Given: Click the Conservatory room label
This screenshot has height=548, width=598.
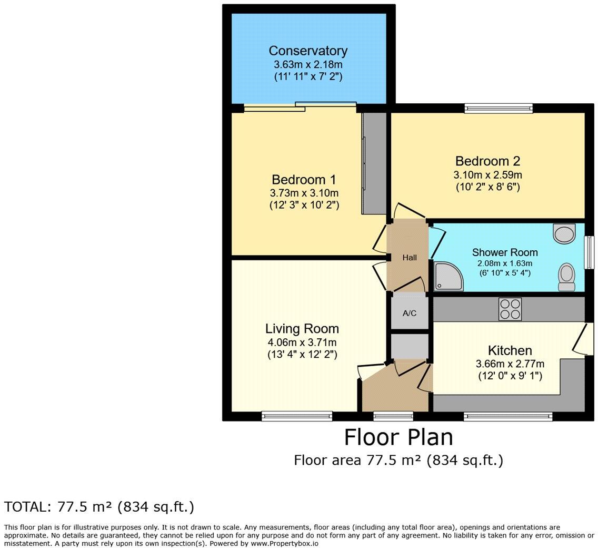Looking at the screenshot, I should pos(308,51).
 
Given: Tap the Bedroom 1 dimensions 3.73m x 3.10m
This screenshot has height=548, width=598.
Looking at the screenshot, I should pos(304,193).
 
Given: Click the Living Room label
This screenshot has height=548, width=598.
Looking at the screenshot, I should pos(302,329).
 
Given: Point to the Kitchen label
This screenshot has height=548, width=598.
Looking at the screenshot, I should pos(510,350).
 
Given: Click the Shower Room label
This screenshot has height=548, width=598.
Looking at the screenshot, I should pos(504,252).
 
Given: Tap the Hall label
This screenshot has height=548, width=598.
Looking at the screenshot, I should pos(410,258).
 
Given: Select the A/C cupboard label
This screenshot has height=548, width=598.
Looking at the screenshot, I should pos(410,313).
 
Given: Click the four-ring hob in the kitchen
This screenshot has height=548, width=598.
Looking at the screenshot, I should pos(510,309).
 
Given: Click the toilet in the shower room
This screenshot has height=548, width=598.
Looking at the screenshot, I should pos(566,277).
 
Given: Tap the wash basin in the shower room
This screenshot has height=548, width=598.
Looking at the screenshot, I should pos(564,233).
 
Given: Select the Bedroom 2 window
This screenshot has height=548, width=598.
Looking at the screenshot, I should pos(499,109).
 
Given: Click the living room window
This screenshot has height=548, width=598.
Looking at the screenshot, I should pos(297,416).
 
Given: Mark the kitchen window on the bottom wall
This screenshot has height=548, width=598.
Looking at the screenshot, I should pos(508,416).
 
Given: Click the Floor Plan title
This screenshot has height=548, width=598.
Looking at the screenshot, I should pos(398,437).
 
